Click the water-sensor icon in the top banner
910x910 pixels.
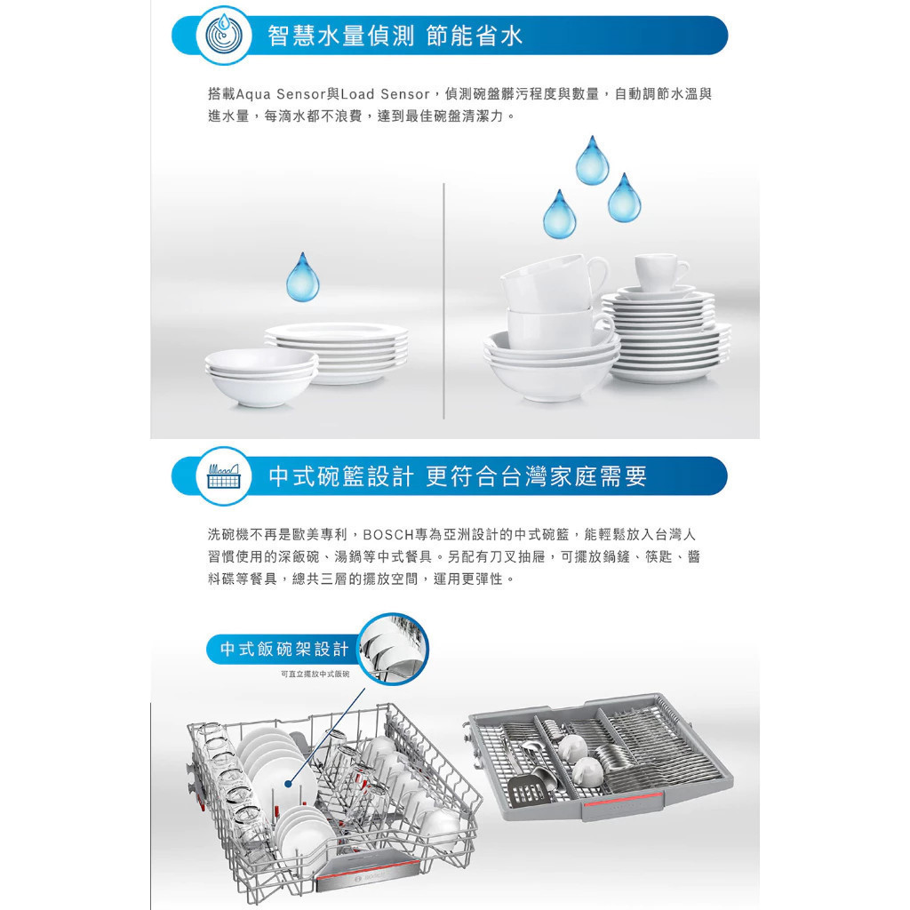(x=223, y=35)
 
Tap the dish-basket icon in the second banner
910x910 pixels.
(x=223, y=476)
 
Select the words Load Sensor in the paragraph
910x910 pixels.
(x=386, y=94)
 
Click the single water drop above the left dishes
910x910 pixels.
(x=302, y=277)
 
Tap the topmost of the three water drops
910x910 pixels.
(x=592, y=160)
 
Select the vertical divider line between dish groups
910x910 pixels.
(x=444, y=300)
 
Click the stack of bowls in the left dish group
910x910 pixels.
(x=260, y=376)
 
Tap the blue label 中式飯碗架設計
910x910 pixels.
(x=283, y=649)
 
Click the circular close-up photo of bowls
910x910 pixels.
(x=393, y=649)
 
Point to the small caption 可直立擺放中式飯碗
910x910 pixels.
(x=315, y=674)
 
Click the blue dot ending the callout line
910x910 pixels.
(x=289, y=784)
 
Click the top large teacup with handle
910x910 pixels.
(x=551, y=282)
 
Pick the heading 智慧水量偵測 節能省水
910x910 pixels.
(x=395, y=36)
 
